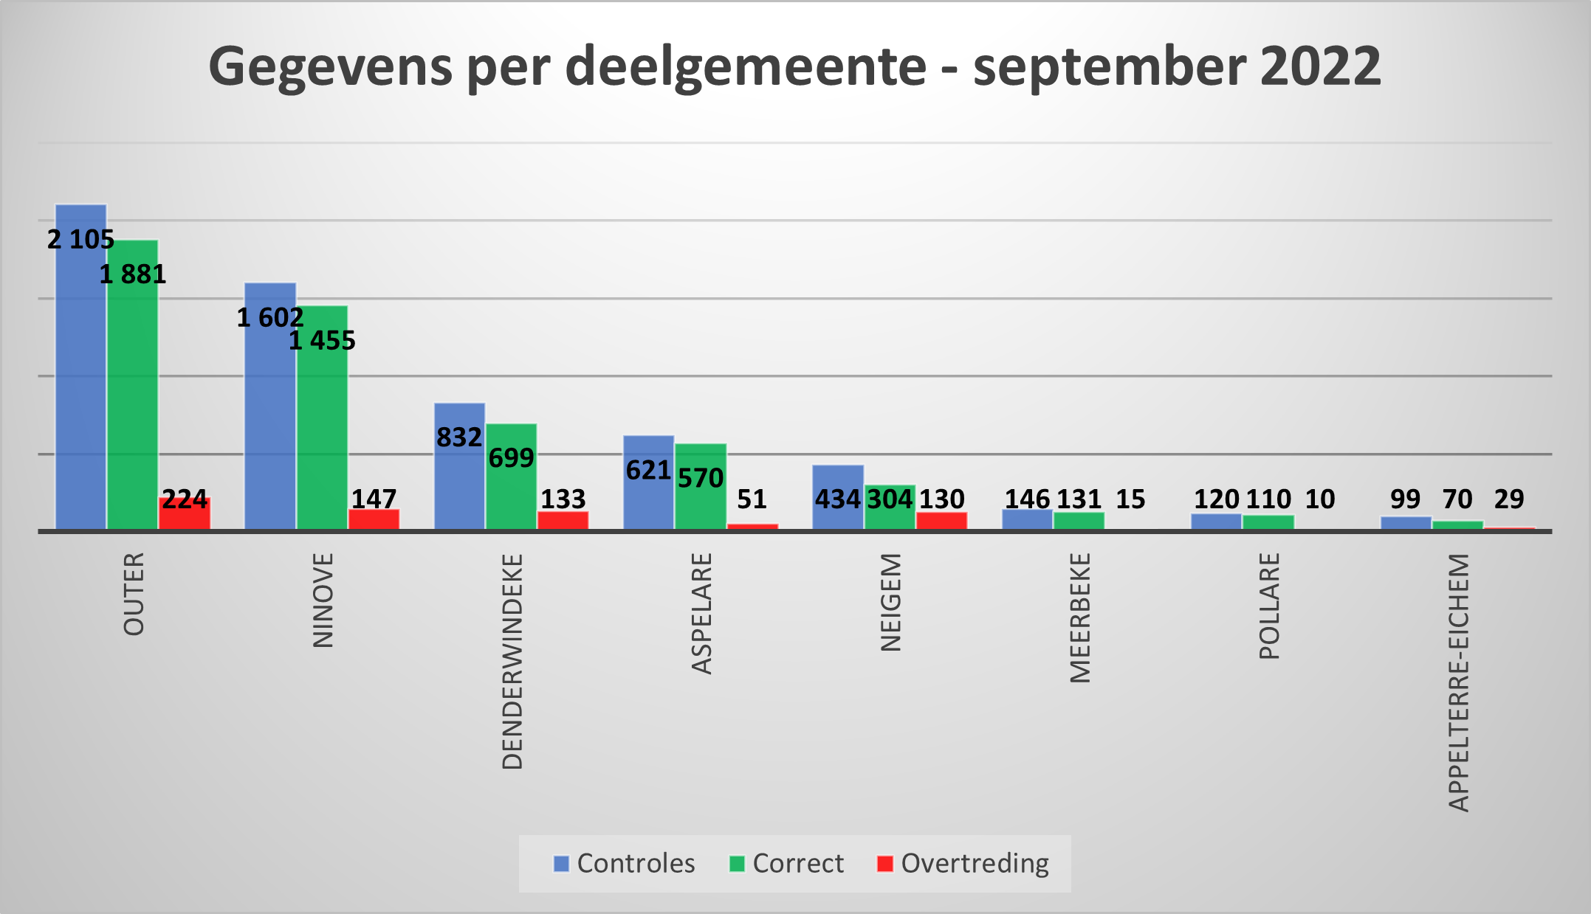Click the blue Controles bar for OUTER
click(x=81, y=384)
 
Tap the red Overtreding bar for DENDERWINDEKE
click(x=563, y=520)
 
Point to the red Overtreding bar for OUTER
click(x=185, y=516)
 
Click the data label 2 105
click(x=81, y=240)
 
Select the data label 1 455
click(x=322, y=341)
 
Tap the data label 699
click(x=511, y=458)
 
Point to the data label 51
click(x=752, y=499)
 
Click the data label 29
click(x=1508, y=499)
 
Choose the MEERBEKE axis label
click(x=1079, y=617)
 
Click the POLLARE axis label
click(x=1268, y=606)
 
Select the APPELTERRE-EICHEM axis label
click(x=1458, y=682)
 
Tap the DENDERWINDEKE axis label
click(x=512, y=661)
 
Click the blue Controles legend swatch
click(x=561, y=864)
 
